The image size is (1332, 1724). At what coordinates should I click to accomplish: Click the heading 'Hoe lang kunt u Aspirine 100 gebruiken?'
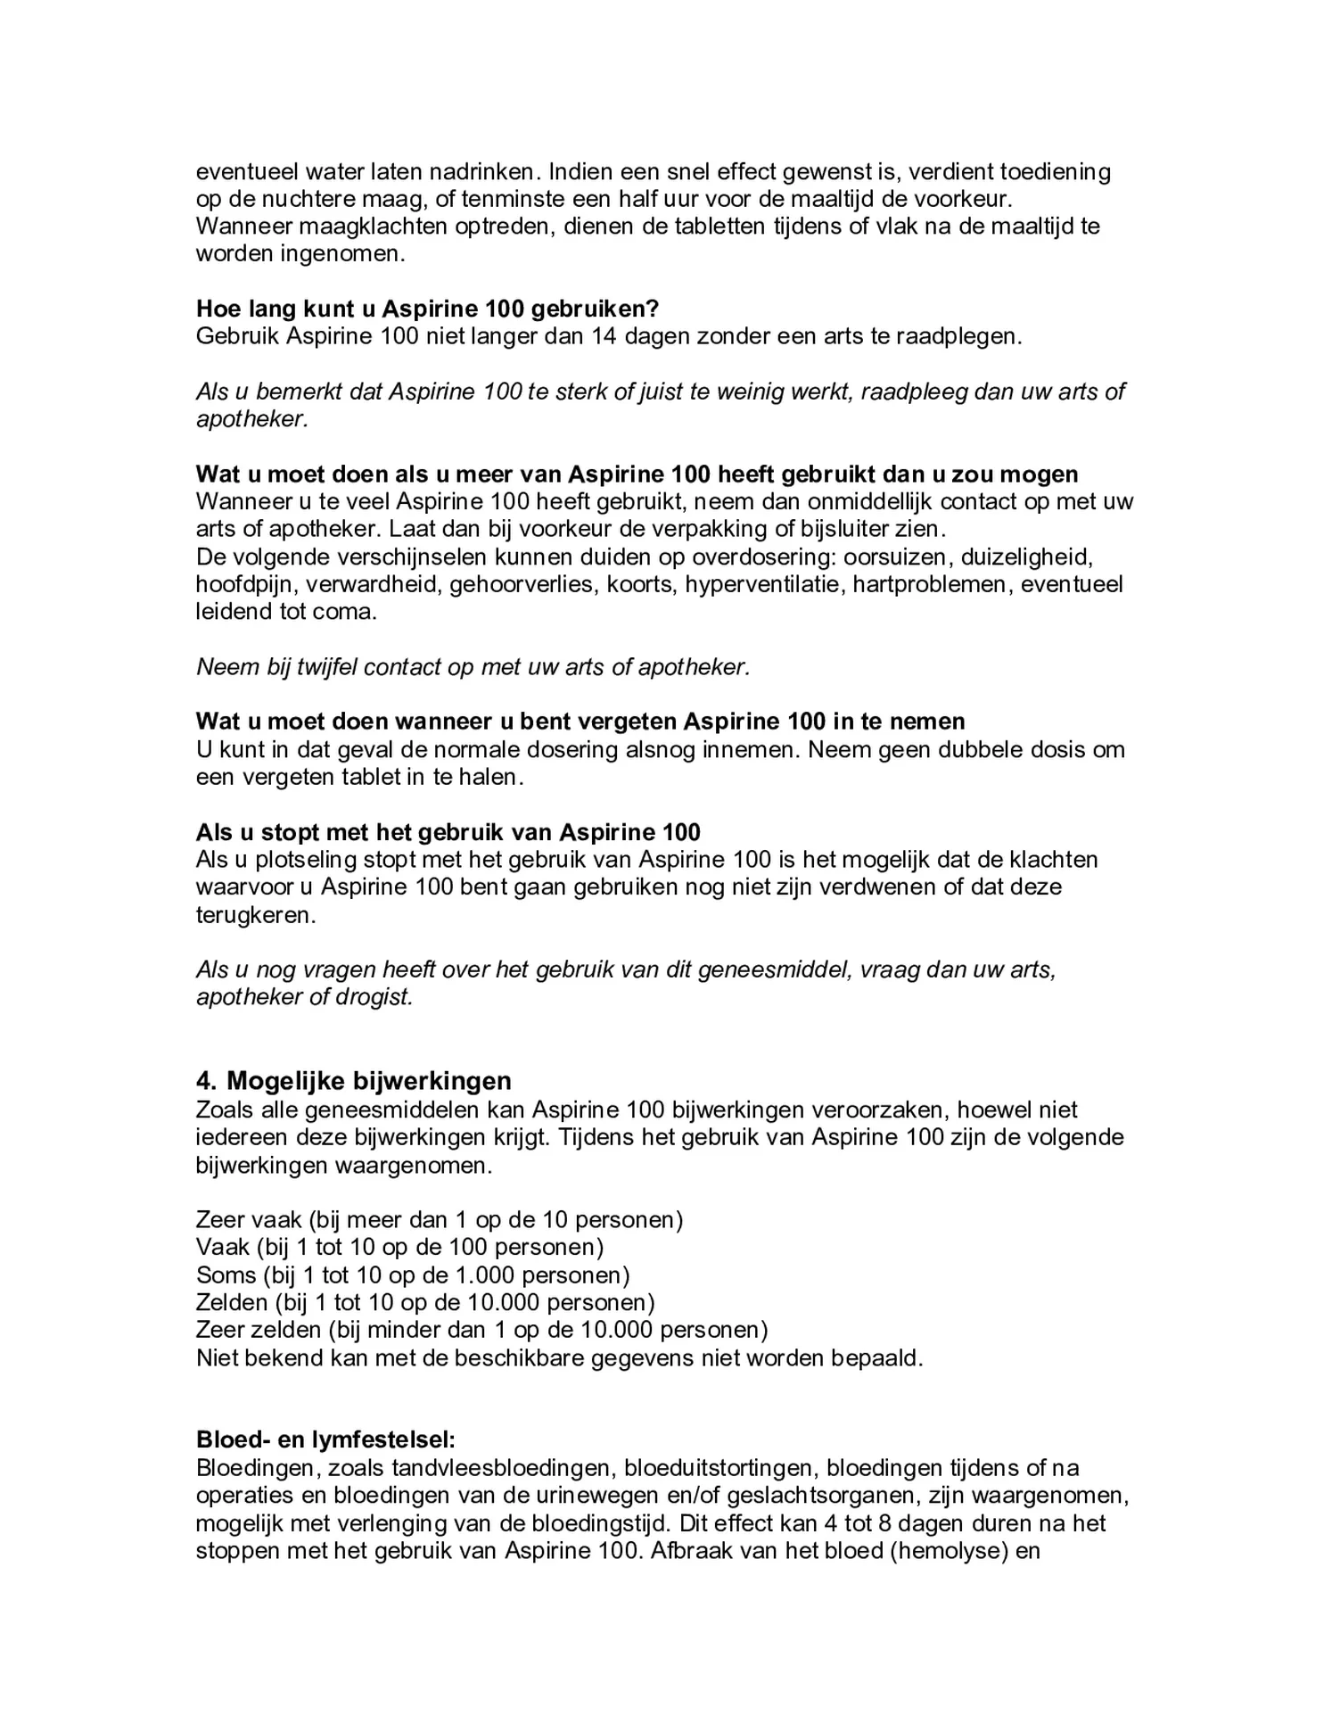[x=427, y=309]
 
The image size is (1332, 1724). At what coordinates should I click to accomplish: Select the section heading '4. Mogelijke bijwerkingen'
[x=354, y=1081]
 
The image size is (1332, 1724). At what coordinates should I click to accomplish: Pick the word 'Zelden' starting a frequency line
[x=231, y=1302]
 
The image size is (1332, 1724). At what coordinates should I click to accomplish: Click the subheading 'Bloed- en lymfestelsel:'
[x=325, y=1439]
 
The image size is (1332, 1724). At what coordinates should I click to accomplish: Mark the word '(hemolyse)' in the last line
[x=949, y=1550]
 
